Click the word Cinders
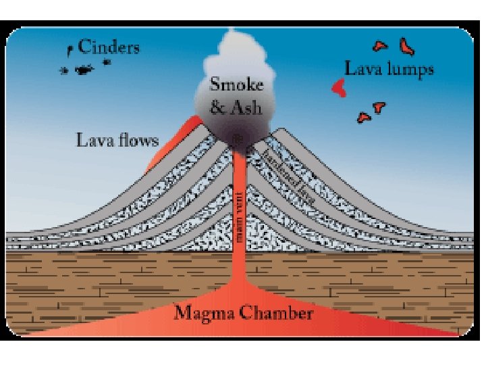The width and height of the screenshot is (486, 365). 109,47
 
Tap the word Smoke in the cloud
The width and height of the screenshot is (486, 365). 236,84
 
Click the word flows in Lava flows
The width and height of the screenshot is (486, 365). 137,140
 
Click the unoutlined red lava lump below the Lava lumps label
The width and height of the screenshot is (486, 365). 338,86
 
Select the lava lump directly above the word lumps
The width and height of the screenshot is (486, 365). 407,47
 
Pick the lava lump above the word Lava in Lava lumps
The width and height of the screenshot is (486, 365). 381,46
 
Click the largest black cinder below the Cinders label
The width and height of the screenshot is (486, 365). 83,69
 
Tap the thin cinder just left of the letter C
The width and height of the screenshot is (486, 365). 70,49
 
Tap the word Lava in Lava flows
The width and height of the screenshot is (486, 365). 93,140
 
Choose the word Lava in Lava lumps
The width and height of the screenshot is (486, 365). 363,69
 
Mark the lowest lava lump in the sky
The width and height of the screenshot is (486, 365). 364,118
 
